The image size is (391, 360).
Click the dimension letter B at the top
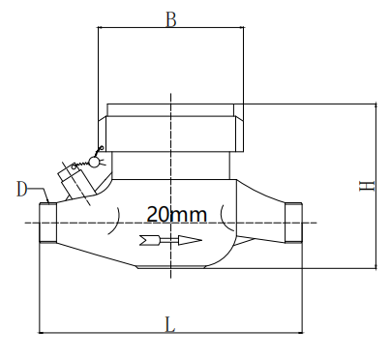click(x=170, y=18)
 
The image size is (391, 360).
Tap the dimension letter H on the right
click(x=367, y=185)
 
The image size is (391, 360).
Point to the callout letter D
click(x=21, y=188)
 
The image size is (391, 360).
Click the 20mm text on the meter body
click(x=175, y=213)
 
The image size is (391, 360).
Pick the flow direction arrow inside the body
click(x=170, y=240)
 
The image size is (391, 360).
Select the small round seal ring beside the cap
click(x=95, y=161)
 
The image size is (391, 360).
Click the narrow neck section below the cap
click(x=170, y=165)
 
